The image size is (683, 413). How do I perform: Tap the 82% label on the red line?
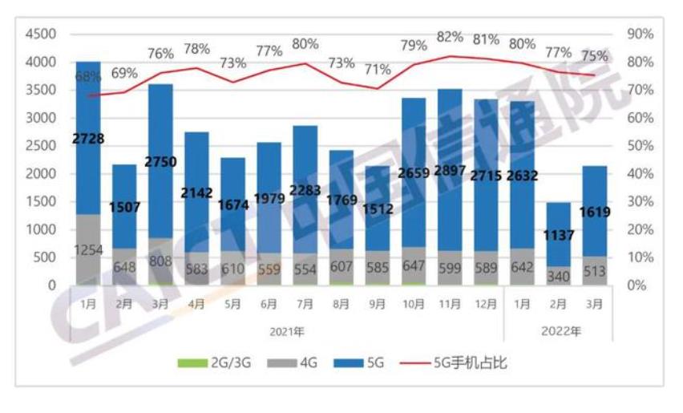(x=450, y=37)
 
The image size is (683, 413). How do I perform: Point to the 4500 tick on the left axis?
(x=41, y=34)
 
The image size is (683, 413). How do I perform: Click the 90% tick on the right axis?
(x=640, y=34)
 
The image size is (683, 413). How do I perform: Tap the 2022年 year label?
(x=560, y=330)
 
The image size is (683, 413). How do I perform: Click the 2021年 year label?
(x=287, y=330)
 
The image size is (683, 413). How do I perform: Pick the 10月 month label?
(x=414, y=306)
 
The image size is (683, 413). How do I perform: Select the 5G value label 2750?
(x=160, y=160)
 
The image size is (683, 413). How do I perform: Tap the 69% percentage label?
(x=124, y=73)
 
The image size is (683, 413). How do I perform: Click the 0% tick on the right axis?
(x=637, y=285)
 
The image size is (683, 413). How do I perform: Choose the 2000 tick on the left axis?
(x=41, y=174)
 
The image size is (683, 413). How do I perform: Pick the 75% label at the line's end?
(x=594, y=56)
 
